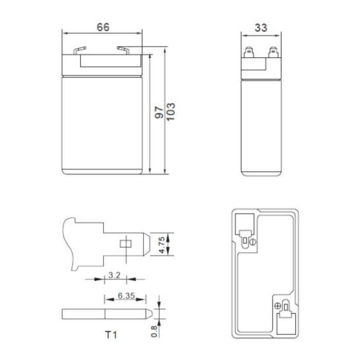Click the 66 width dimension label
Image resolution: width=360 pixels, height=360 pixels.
103,27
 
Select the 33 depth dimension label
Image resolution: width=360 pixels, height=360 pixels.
261,27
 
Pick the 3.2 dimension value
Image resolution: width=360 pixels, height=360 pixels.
114,276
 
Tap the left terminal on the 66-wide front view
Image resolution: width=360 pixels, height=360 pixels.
77,50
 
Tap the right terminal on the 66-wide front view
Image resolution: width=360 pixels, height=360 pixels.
125,50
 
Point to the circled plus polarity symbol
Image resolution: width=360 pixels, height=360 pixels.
278,307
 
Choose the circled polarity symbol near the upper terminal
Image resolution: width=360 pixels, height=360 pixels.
252,242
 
